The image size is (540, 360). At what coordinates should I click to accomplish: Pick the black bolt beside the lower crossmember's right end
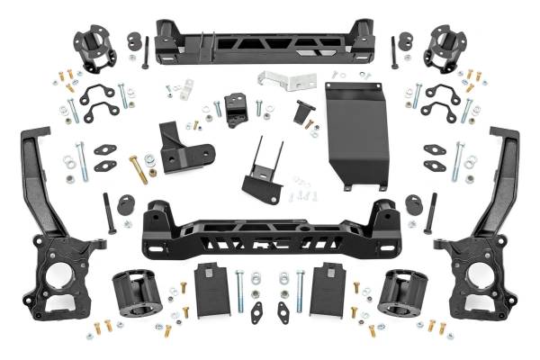coord(433,213)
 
